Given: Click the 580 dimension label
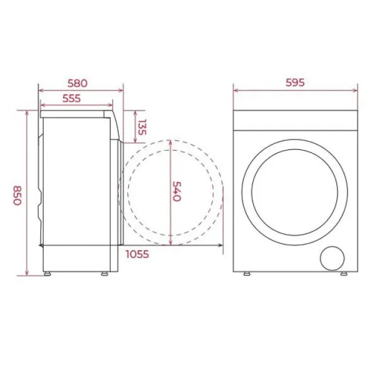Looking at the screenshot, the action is [77, 83].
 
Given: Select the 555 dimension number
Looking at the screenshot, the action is [71, 98].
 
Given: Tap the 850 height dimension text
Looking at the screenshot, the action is [17, 195].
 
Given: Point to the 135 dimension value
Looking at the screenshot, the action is [142, 127].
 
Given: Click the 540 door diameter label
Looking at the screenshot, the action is [177, 191].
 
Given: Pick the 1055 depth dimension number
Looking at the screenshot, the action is [137, 254].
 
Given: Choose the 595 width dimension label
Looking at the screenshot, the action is [295, 82].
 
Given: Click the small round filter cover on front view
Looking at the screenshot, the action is [332, 258].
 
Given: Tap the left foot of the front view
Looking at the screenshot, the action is [247, 274].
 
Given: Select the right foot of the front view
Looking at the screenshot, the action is [344, 274].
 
